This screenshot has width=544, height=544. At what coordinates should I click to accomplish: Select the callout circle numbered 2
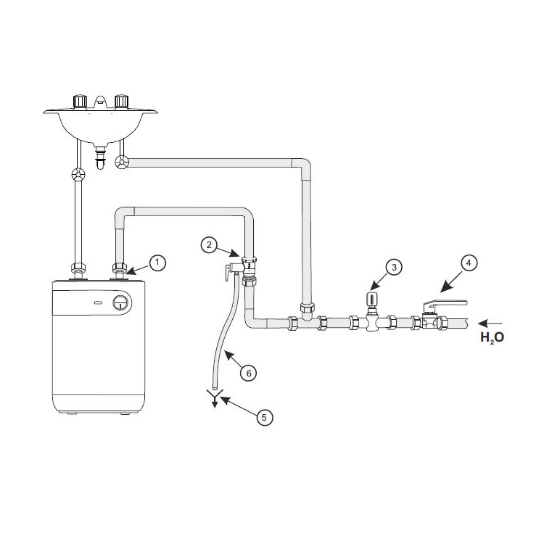(x=209, y=245)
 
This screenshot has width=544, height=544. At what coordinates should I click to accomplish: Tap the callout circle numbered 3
(x=394, y=268)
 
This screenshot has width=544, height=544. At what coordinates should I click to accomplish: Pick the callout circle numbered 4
(x=469, y=263)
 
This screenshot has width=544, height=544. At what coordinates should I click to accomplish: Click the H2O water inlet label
(x=492, y=337)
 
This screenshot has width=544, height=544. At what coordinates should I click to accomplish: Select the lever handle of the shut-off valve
(x=447, y=305)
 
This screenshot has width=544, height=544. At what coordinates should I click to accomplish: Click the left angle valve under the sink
(x=78, y=175)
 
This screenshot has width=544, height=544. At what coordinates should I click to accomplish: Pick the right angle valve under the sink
(x=122, y=163)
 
